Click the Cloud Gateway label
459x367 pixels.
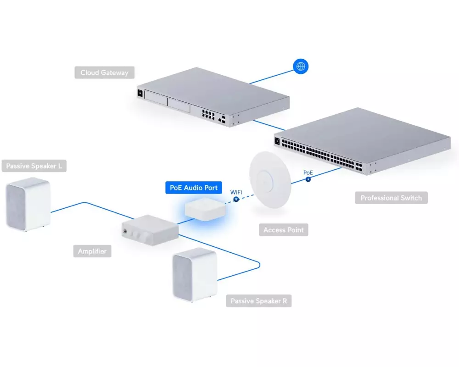coord(104,72)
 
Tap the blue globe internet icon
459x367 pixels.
coord(301,67)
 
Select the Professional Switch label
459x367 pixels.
coord(391,198)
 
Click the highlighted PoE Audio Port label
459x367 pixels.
coord(194,188)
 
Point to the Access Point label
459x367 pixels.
coord(283,230)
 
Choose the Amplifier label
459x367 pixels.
coord(92,251)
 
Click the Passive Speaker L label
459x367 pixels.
coord(34,166)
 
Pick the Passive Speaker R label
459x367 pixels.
coord(259,301)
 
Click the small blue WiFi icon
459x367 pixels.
coord(236,200)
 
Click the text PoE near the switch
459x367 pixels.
coord(308,172)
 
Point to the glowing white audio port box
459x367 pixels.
coord(205,210)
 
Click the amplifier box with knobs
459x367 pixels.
coord(150,229)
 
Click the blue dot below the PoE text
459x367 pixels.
coord(308,179)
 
